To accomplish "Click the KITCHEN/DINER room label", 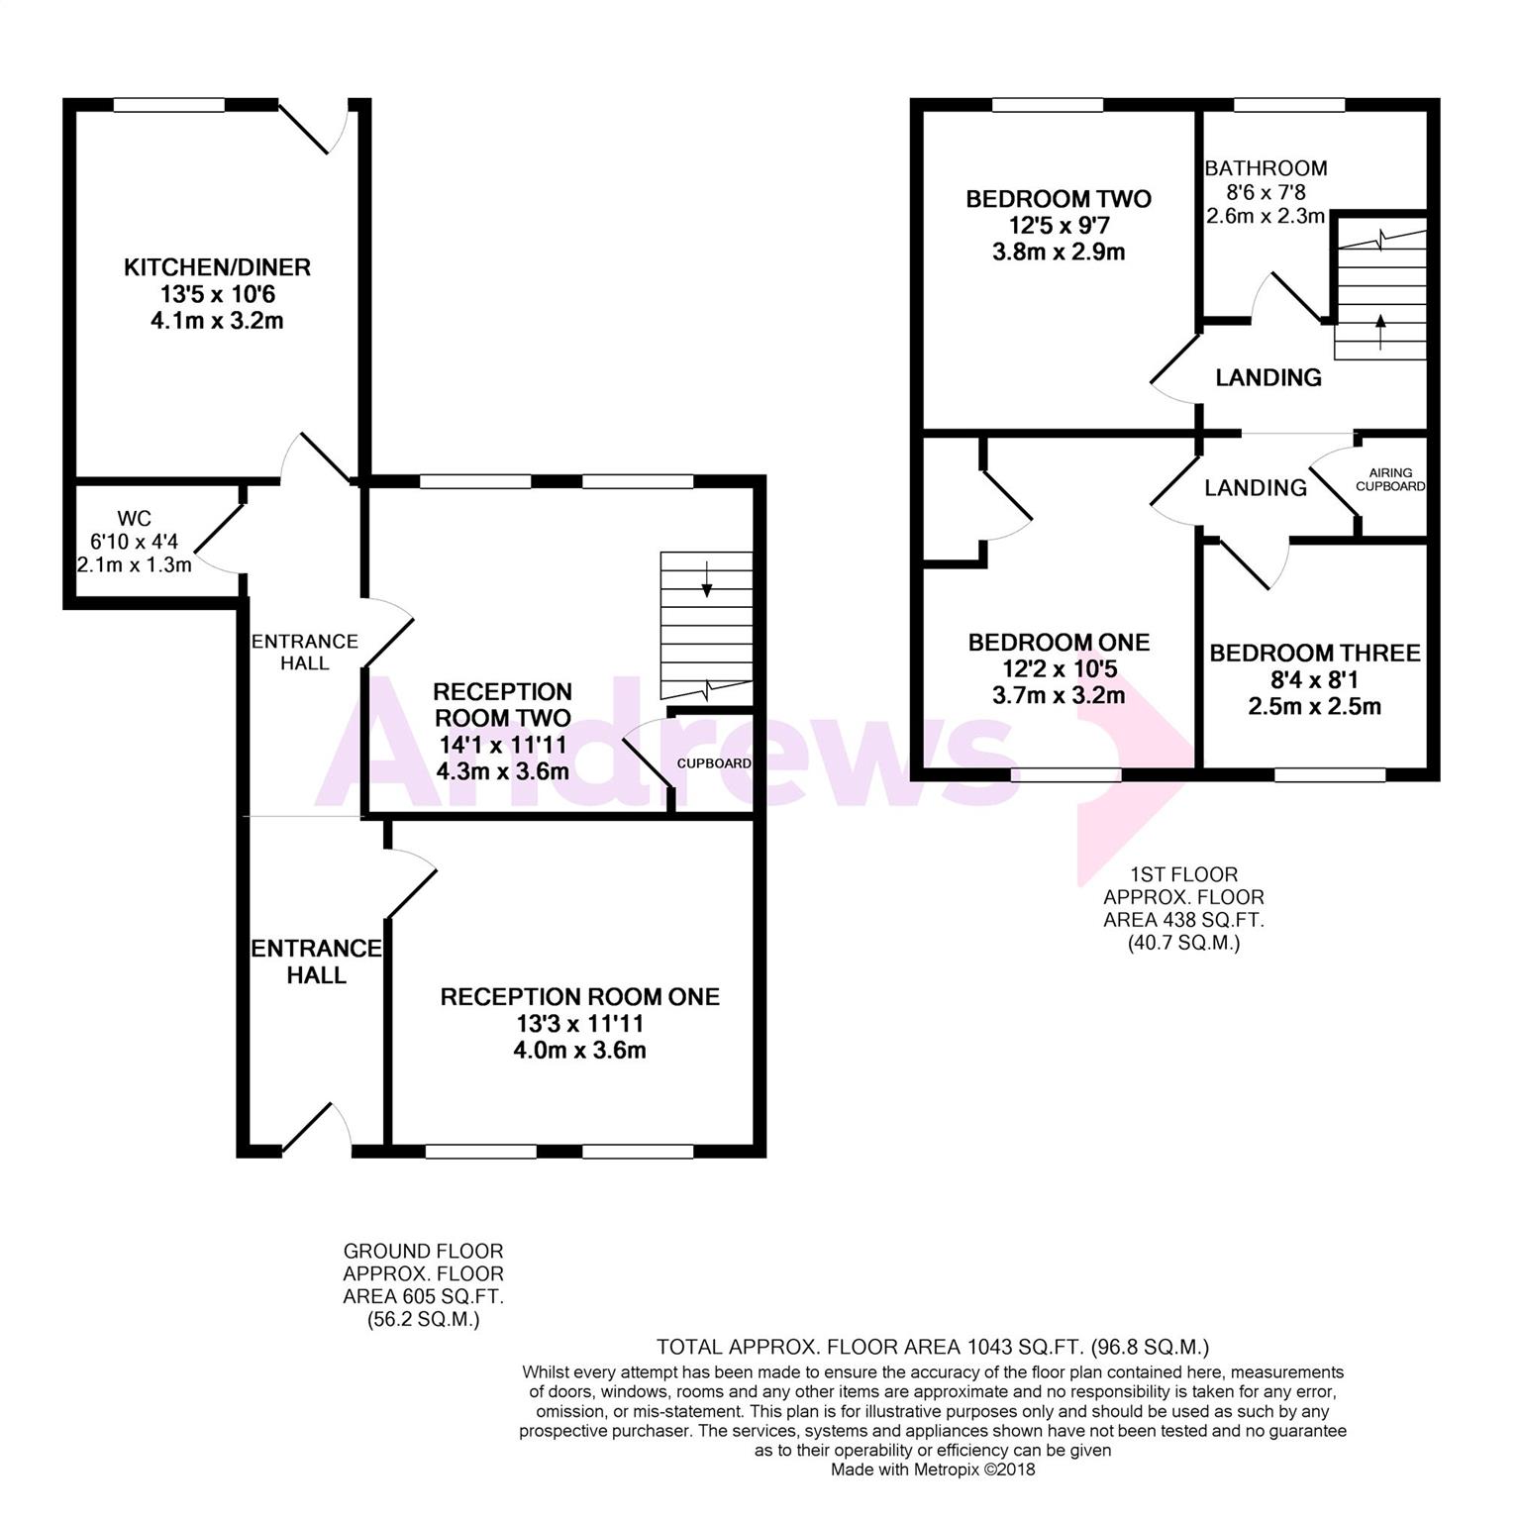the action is [217, 267].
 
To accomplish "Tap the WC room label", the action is [134, 519].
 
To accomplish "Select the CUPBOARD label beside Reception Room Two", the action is [714, 763].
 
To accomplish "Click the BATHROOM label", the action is [1266, 168].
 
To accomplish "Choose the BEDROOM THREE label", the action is [1315, 654].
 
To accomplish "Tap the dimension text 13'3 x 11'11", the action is [579, 1023].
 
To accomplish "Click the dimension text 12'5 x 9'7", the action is [1059, 226].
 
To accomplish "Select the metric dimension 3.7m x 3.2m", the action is [1059, 696].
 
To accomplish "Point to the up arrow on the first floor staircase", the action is [1380, 333].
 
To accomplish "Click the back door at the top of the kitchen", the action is [313, 127].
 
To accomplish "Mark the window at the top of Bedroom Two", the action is [1048, 104].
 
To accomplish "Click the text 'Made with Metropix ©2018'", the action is [933, 1470].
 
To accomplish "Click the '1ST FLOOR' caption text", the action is [1184, 874].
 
